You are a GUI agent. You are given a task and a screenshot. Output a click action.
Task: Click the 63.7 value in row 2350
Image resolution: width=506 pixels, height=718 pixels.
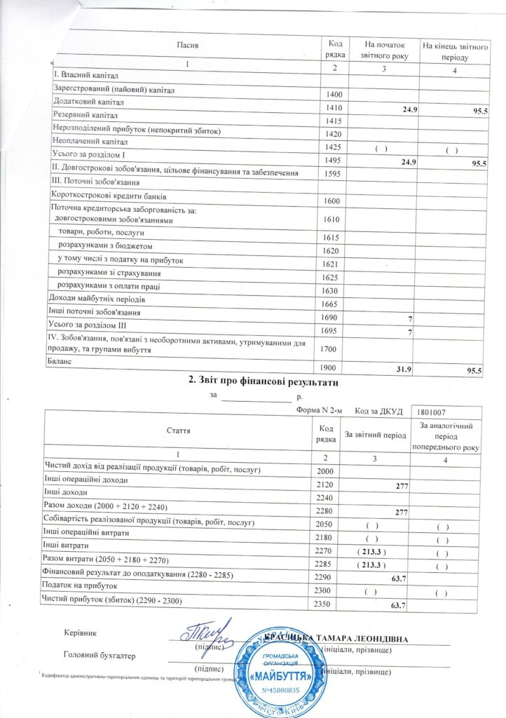click(399, 604)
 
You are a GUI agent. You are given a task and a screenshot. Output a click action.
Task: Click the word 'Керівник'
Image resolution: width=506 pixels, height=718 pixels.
click(78, 634)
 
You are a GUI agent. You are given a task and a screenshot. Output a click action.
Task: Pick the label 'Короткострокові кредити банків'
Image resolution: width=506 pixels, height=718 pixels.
click(111, 196)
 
